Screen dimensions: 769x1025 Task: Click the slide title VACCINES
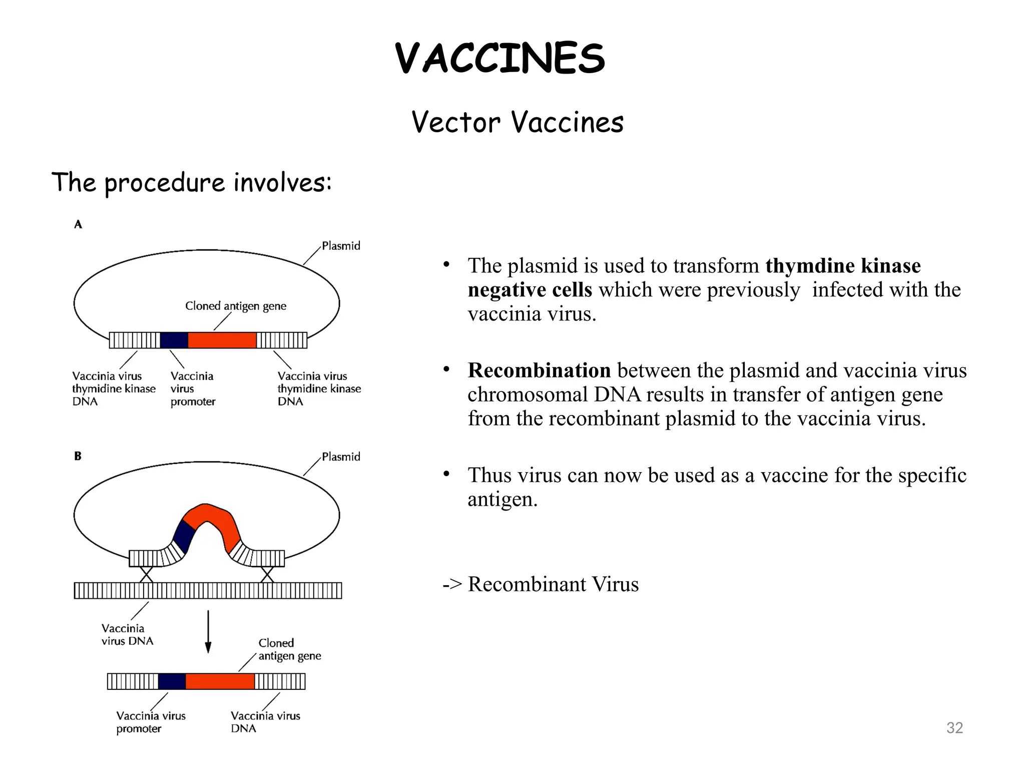pyautogui.click(x=499, y=59)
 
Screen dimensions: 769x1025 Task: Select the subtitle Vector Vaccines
pyautogui.click(x=518, y=122)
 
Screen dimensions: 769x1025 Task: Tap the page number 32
pyautogui.click(x=954, y=727)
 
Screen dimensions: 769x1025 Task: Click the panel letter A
pyautogui.click(x=78, y=225)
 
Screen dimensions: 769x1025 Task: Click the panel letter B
pyautogui.click(x=78, y=456)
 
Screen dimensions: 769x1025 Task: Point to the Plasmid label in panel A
pyautogui.click(x=341, y=246)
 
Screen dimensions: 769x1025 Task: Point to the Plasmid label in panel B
pyautogui.click(x=341, y=457)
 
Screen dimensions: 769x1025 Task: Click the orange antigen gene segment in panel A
pyautogui.click(x=222, y=340)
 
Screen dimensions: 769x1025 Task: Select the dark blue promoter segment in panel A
pyautogui.click(x=174, y=340)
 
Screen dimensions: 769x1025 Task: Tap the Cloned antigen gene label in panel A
pyautogui.click(x=236, y=306)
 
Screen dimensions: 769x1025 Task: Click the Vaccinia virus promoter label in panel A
pyautogui.click(x=193, y=389)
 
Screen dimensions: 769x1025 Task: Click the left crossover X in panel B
pyautogui.click(x=146, y=574)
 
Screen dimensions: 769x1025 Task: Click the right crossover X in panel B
pyautogui.click(x=267, y=574)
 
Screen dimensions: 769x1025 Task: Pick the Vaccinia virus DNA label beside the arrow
pyautogui.click(x=127, y=634)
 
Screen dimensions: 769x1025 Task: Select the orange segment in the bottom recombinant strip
pyautogui.click(x=220, y=681)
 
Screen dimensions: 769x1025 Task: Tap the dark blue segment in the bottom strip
pyautogui.click(x=172, y=681)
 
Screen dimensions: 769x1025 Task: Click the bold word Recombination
pyautogui.click(x=539, y=370)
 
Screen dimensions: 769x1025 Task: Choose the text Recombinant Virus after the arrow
pyautogui.click(x=553, y=584)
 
